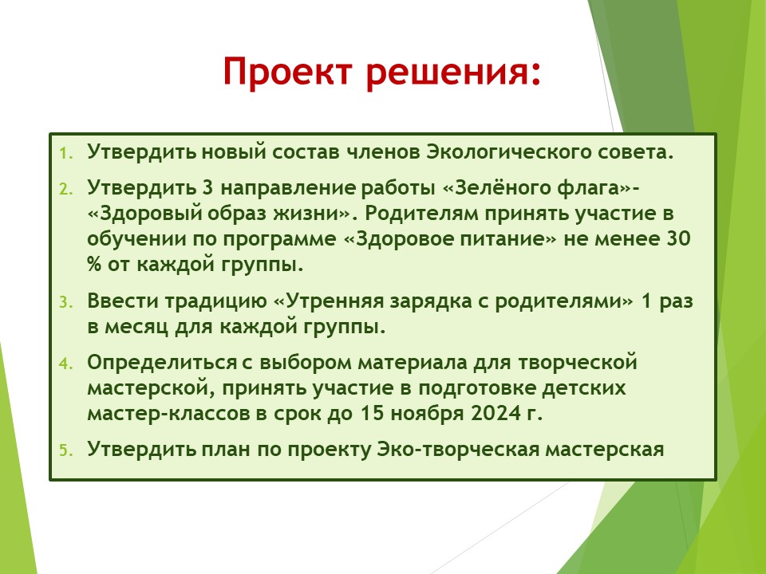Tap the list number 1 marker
pyautogui.click(x=66, y=153)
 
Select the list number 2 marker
pyautogui.click(x=66, y=189)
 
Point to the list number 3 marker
pyautogui.click(x=66, y=302)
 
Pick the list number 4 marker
pyautogui.click(x=66, y=364)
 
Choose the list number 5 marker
pyautogui.click(x=66, y=450)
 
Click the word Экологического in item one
pyautogui.click(x=508, y=152)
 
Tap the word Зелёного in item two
pyautogui.click(x=502, y=187)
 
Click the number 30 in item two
pyautogui.click(x=677, y=238)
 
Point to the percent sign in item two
pyautogui.click(x=94, y=264)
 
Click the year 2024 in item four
pyautogui.click(x=496, y=413)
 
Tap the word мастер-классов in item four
pyautogui.click(x=169, y=414)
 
